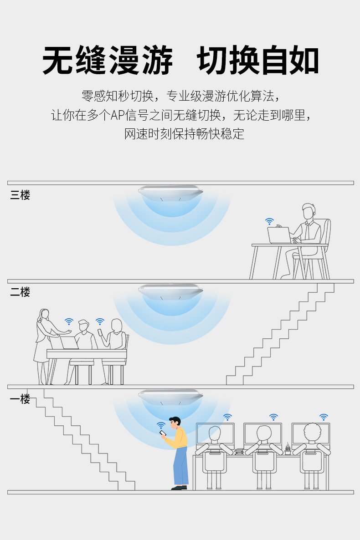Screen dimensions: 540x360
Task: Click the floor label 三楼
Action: [20, 195]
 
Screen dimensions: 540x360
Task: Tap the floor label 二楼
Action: [20, 292]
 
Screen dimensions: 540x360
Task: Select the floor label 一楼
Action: [20, 399]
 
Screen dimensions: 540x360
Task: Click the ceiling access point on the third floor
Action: [170, 192]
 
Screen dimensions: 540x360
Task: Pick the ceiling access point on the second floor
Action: [170, 290]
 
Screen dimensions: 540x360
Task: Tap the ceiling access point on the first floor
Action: [170, 396]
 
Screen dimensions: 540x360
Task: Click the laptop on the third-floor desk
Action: [279, 235]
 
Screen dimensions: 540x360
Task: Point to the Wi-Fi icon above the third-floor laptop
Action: [270, 221]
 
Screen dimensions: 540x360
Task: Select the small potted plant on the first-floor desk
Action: [288, 449]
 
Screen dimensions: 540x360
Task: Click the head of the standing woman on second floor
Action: [45, 315]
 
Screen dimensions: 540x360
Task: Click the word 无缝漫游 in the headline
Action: [108, 61]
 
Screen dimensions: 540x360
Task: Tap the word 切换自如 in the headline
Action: [258, 61]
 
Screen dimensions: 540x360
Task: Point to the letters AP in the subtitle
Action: [118, 115]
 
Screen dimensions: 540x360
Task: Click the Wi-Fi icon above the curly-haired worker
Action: [324, 417]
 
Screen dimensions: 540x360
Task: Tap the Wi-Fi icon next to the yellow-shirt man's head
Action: [161, 425]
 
